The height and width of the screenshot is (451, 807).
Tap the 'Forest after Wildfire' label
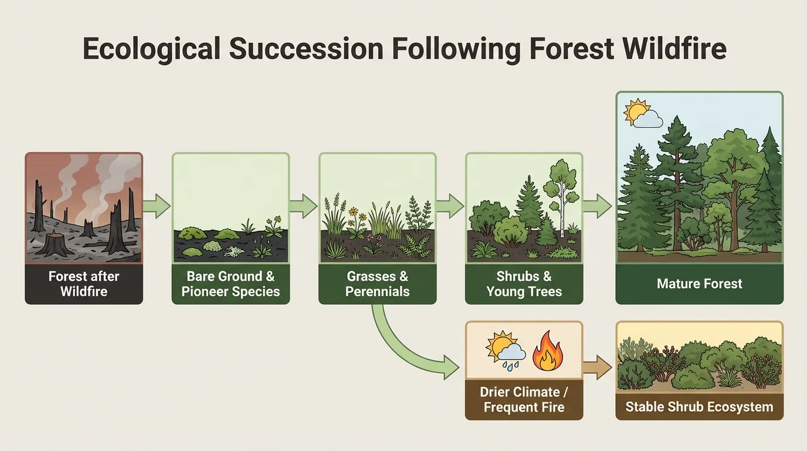point(84,283)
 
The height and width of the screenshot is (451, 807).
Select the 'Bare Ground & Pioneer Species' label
point(230,283)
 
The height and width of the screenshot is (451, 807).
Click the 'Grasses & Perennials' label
point(377,283)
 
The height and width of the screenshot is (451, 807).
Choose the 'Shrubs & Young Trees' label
point(524,283)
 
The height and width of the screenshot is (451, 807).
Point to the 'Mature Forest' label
point(699,284)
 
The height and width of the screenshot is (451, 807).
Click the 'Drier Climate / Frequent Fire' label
point(524,399)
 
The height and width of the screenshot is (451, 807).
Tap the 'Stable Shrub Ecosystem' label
point(699,406)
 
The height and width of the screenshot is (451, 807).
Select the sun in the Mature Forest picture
point(635,112)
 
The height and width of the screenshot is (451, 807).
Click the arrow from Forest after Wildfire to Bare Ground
point(157,206)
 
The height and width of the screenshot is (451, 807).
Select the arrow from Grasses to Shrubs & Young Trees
point(450,206)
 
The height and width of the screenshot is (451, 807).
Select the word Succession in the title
point(306,49)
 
